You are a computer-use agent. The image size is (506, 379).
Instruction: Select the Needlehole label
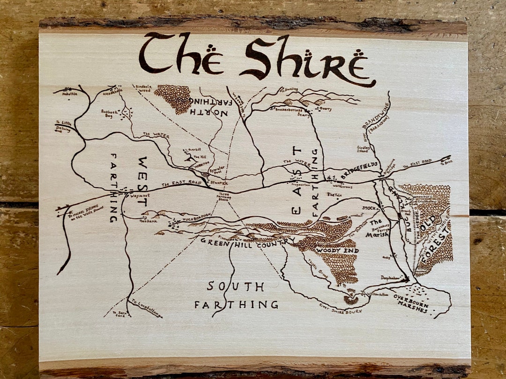click(112, 92)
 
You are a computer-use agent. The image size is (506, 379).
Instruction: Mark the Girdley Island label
click(364, 149)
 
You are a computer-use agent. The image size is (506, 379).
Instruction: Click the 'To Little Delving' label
click(63, 126)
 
